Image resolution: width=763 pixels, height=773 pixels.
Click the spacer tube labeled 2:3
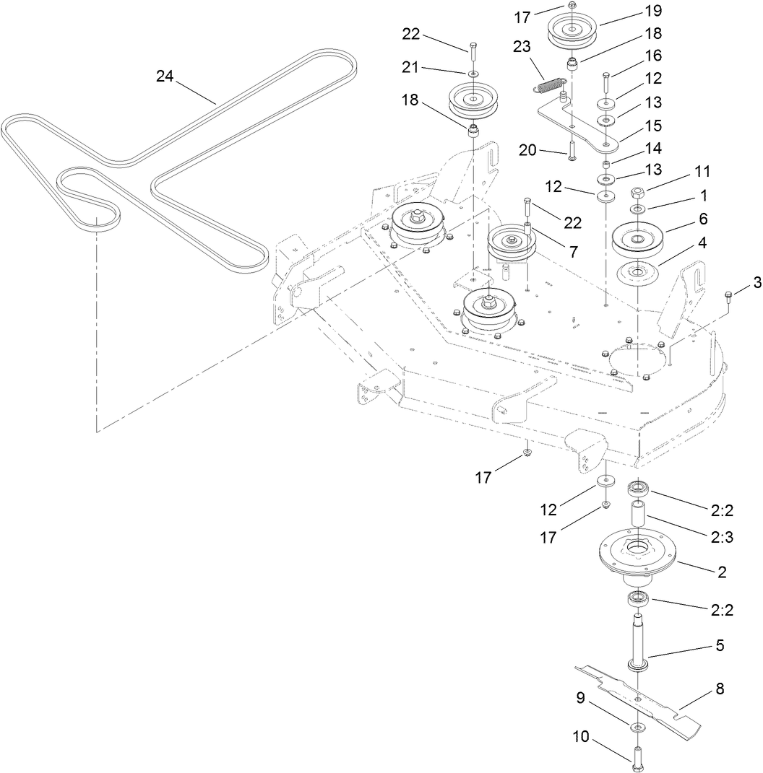tap(639, 517)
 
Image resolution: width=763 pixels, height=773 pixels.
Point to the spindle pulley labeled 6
tap(639, 240)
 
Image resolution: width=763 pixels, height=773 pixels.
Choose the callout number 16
tap(652, 56)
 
